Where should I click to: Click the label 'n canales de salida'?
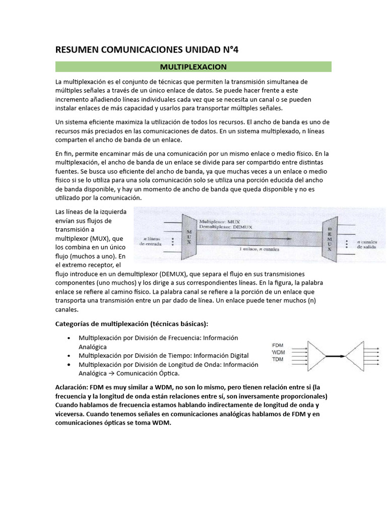(366, 244)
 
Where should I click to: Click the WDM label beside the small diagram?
(278, 352)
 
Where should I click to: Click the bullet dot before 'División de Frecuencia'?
(68, 338)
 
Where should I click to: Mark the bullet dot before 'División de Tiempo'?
(68, 356)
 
